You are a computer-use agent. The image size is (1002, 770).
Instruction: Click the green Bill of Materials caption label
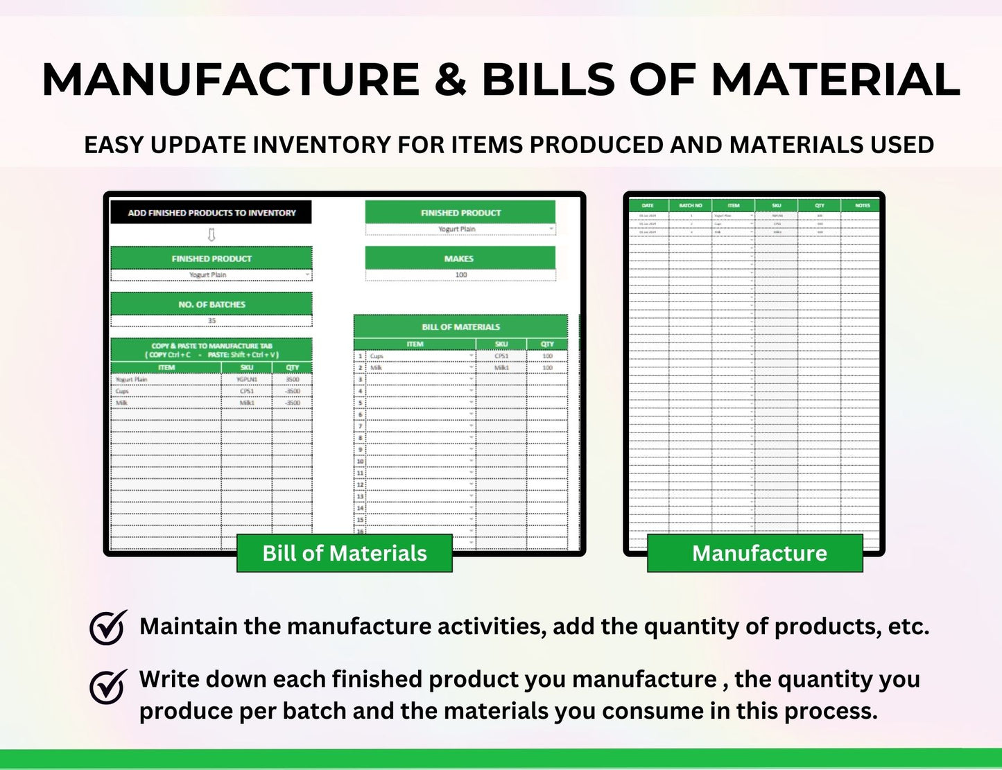coord(344,553)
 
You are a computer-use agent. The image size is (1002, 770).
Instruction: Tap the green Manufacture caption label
coord(754,553)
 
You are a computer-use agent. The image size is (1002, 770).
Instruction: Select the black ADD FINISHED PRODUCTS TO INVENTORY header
coord(211,213)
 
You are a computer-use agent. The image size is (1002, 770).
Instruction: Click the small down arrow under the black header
coord(211,235)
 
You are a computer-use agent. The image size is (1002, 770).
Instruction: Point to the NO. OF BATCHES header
coord(211,304)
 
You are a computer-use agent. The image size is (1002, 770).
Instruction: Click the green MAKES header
coord(460,259)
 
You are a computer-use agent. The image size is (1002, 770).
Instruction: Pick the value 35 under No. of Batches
coord(211,321)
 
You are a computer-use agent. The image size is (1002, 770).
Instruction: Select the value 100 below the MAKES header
coord(460,275)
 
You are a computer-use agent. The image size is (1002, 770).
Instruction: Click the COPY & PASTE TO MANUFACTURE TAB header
coord(211,350)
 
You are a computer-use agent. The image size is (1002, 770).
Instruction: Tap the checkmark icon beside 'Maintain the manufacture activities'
coord(108,627)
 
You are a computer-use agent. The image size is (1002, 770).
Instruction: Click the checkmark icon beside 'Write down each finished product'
coord(108,685)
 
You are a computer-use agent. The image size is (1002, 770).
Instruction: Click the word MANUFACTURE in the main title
coord(231,80)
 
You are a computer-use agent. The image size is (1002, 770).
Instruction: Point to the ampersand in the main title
coord(451,80)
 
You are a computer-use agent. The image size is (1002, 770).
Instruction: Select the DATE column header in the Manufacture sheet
coord(648,206)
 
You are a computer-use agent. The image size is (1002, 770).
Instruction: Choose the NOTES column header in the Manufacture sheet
coord(862,206)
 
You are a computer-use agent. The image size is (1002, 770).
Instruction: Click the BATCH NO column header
coord(691,206)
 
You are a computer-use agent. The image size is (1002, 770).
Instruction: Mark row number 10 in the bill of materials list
coord(360,461)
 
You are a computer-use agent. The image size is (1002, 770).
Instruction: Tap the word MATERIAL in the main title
coord(836,80)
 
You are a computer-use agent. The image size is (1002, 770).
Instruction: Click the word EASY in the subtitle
coord(114,145)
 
